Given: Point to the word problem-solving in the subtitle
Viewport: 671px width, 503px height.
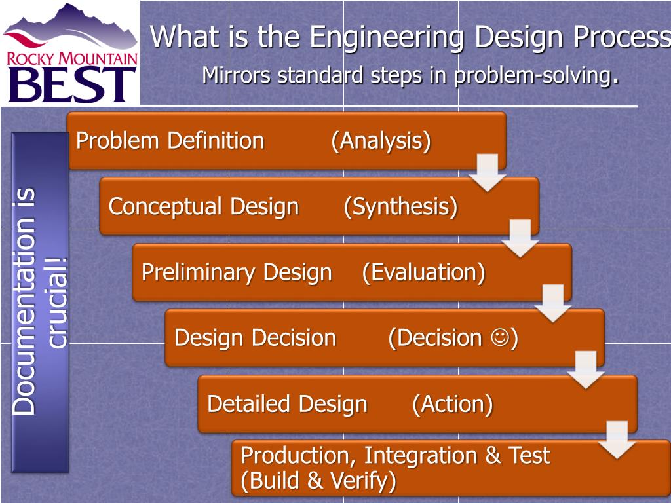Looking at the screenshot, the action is [x=533, y=76].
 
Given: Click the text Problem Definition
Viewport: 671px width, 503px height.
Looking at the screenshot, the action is [x=170, y=141].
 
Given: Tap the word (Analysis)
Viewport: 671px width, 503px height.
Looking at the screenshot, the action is [x=381, y=141].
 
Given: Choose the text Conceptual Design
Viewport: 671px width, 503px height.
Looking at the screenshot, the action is [x=203, y=207].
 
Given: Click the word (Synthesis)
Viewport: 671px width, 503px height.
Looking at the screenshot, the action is [x=400, y=207].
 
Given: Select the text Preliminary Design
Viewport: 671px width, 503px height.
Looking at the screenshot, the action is [x=237, y=272].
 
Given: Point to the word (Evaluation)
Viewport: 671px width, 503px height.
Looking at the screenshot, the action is [x=423, y=272].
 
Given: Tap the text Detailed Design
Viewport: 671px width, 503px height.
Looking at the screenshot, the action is [x=287, y=404].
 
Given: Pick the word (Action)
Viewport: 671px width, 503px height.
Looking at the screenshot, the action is [x=452, y=404].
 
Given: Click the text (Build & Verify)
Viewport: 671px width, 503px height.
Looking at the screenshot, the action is [x=318, y=481].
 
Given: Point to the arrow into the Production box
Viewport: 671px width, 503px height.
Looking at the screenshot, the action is [x=618, y=439].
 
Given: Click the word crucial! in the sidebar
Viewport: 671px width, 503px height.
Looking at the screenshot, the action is [x=57, y=303].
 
